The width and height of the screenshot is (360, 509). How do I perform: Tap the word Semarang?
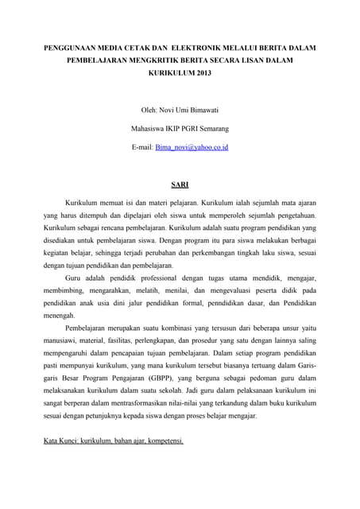tap(211, 128)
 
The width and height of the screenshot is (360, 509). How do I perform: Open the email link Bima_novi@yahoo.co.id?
tap(192, 147)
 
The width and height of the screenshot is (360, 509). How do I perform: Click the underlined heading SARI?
tap(180, 185)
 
